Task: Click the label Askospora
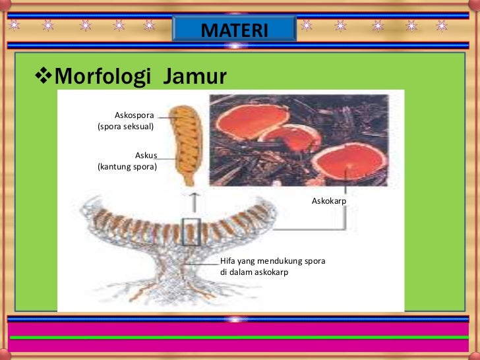(134, 115)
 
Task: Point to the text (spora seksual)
(125, 126)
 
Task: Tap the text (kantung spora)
(127, 167)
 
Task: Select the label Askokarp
(328, 200)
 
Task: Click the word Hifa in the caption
(228, 261)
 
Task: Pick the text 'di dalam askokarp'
(254, 272)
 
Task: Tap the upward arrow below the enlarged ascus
(193, 201)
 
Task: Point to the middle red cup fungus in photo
(290, 138)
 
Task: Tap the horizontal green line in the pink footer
(240, 337)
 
